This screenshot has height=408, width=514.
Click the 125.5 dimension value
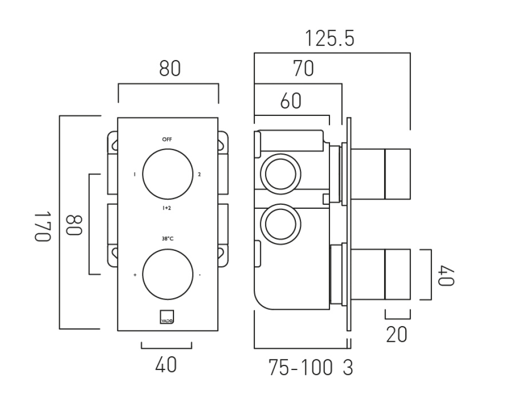pyautogui.click(x=329, y=39)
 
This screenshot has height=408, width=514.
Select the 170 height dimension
pyautogui.click(x=43, y=226)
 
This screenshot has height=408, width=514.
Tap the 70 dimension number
pyautogui.click(x=303, y=69)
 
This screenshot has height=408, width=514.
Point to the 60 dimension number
pyautogui.click(x=291, y=101)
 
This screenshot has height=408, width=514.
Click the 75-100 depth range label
pyautogui.click(x=300, y=368)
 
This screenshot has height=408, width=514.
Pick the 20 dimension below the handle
pyautogui.click(x=397, y=334)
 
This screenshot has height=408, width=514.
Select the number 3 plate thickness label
pyautogui.click(x=348, y=368)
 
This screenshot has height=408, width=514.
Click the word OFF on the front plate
pyautogui.click(x=167, y=139)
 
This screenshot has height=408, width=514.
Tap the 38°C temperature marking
pyautogui.click(x=167, y=239)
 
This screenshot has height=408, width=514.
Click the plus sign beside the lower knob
pyautogui.click(x=135, y=275)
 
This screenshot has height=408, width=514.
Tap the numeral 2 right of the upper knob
pyautogui.click(x=199, y=175)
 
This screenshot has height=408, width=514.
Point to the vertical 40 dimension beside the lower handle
pyautogui.click(x=446, y=275)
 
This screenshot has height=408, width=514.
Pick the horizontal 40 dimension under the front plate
pyautogui.click(x=166, y=364)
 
